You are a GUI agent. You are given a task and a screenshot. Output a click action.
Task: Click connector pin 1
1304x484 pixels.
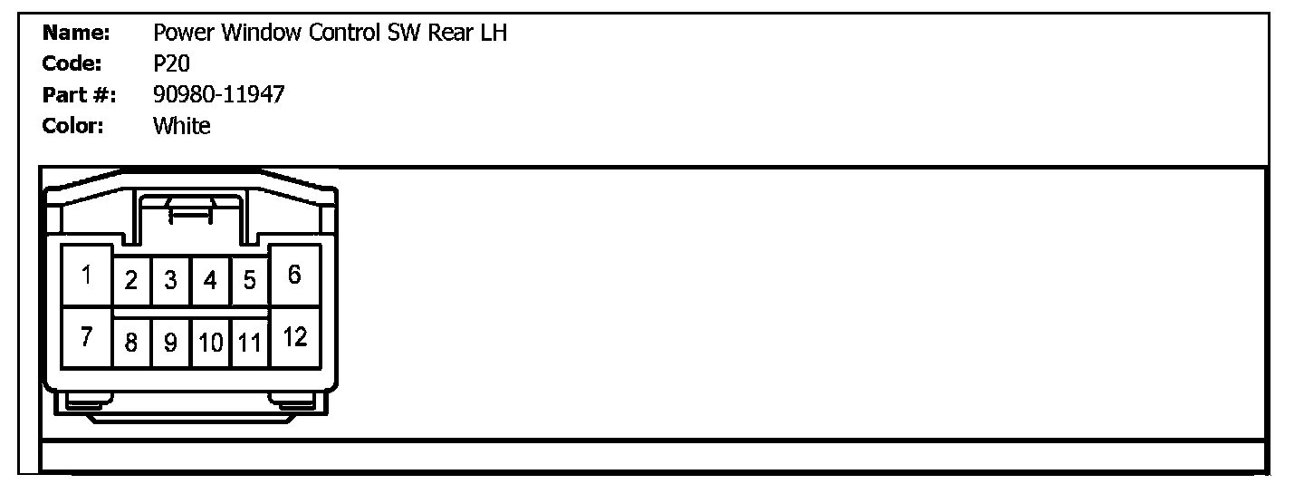(87, 275)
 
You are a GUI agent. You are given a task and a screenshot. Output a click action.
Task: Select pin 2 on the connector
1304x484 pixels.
(131, 281)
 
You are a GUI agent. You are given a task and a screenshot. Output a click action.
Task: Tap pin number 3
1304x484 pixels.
(170, 281)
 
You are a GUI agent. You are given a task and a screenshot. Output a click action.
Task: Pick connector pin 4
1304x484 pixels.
(210, 281)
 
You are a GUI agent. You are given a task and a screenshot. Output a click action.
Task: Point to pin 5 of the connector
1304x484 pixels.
(249, 281)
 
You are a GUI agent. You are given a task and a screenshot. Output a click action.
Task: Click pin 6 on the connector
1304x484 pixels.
(294, 275)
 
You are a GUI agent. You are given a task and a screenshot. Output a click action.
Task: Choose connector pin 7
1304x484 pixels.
(87, 337)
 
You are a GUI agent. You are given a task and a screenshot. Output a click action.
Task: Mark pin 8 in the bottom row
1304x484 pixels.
(131, 343)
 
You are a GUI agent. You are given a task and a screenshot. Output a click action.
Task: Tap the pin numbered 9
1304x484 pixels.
(170, 343)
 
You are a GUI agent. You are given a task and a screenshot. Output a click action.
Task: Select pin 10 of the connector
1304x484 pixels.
(210, 343)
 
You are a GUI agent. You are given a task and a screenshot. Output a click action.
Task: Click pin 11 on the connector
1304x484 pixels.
(249, 343)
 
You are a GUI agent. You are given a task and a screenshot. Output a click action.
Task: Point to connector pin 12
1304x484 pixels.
(294, 337)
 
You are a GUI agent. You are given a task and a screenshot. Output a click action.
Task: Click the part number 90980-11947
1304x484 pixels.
(218, 94)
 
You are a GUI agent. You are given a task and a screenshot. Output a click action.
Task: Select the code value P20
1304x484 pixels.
(171, 63)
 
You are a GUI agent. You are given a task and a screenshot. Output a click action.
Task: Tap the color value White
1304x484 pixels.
(181, 126)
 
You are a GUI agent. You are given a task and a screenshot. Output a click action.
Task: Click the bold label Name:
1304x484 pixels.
(76, 34)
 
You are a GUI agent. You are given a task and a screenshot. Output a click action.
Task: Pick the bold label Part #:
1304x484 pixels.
(79, 94)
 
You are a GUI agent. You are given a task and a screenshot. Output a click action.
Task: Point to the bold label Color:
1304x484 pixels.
(73, 126)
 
